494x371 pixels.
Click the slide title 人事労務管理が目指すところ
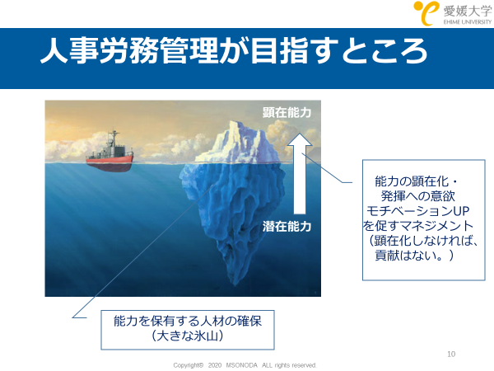point(234,51)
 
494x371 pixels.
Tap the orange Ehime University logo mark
point(426,12)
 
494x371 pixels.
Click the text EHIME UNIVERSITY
point(468,21)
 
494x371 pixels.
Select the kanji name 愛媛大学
point(468,11)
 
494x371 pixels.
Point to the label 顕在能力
point(287,112)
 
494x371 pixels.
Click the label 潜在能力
point(287,227)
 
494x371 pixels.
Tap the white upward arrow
point(300,173)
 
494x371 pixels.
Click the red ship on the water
point(110,156)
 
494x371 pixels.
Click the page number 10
point(451,354)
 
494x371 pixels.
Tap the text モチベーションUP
point(417,211)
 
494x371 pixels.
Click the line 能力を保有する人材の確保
point(188,322)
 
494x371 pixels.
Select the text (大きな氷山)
point(188,336)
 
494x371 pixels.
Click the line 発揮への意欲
point(417,196)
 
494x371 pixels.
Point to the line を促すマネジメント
point(417,226)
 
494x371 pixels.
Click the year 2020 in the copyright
point(215,365)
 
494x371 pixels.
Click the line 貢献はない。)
point(414,256)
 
